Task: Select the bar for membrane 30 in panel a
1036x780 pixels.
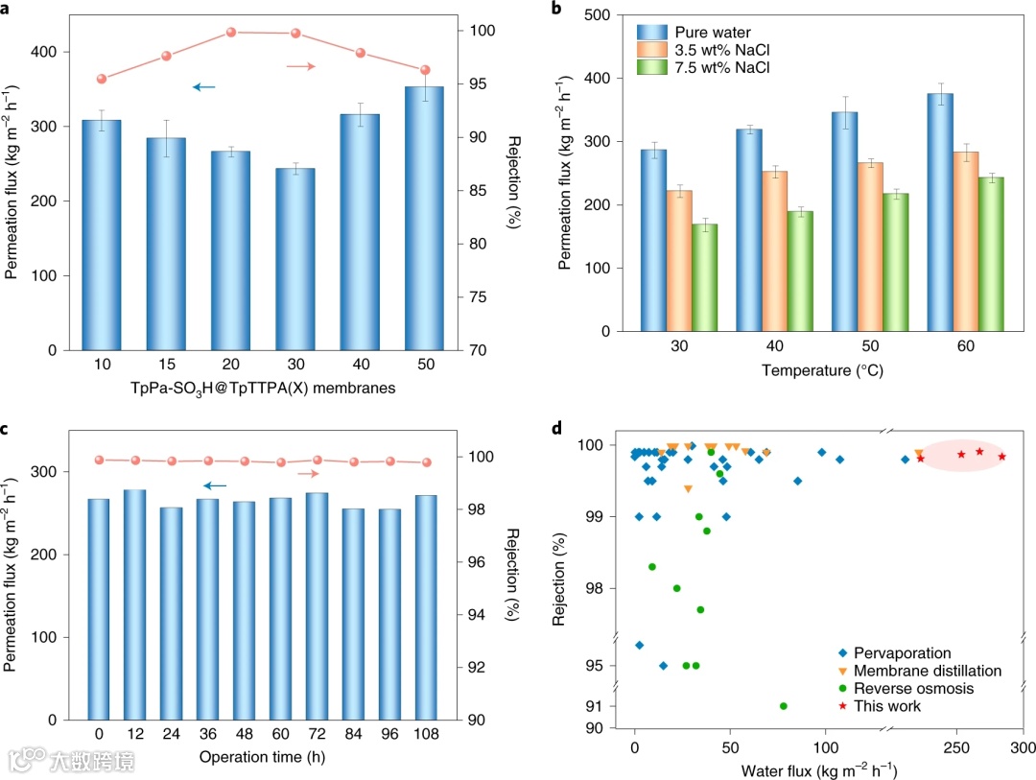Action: pos(302,259)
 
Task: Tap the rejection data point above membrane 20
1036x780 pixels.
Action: pos(231,33)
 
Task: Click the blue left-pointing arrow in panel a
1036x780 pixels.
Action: pos(203,87)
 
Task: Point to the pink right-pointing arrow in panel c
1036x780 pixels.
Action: pos(308,473)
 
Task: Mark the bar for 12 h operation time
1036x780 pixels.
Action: pos(134,604)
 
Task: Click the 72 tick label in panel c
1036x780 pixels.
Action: pos(317,735)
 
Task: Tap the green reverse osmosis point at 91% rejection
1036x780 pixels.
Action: pos(784,706)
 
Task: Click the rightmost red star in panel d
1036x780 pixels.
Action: pos(1001,457)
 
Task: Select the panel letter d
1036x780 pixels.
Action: pos(556,427)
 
